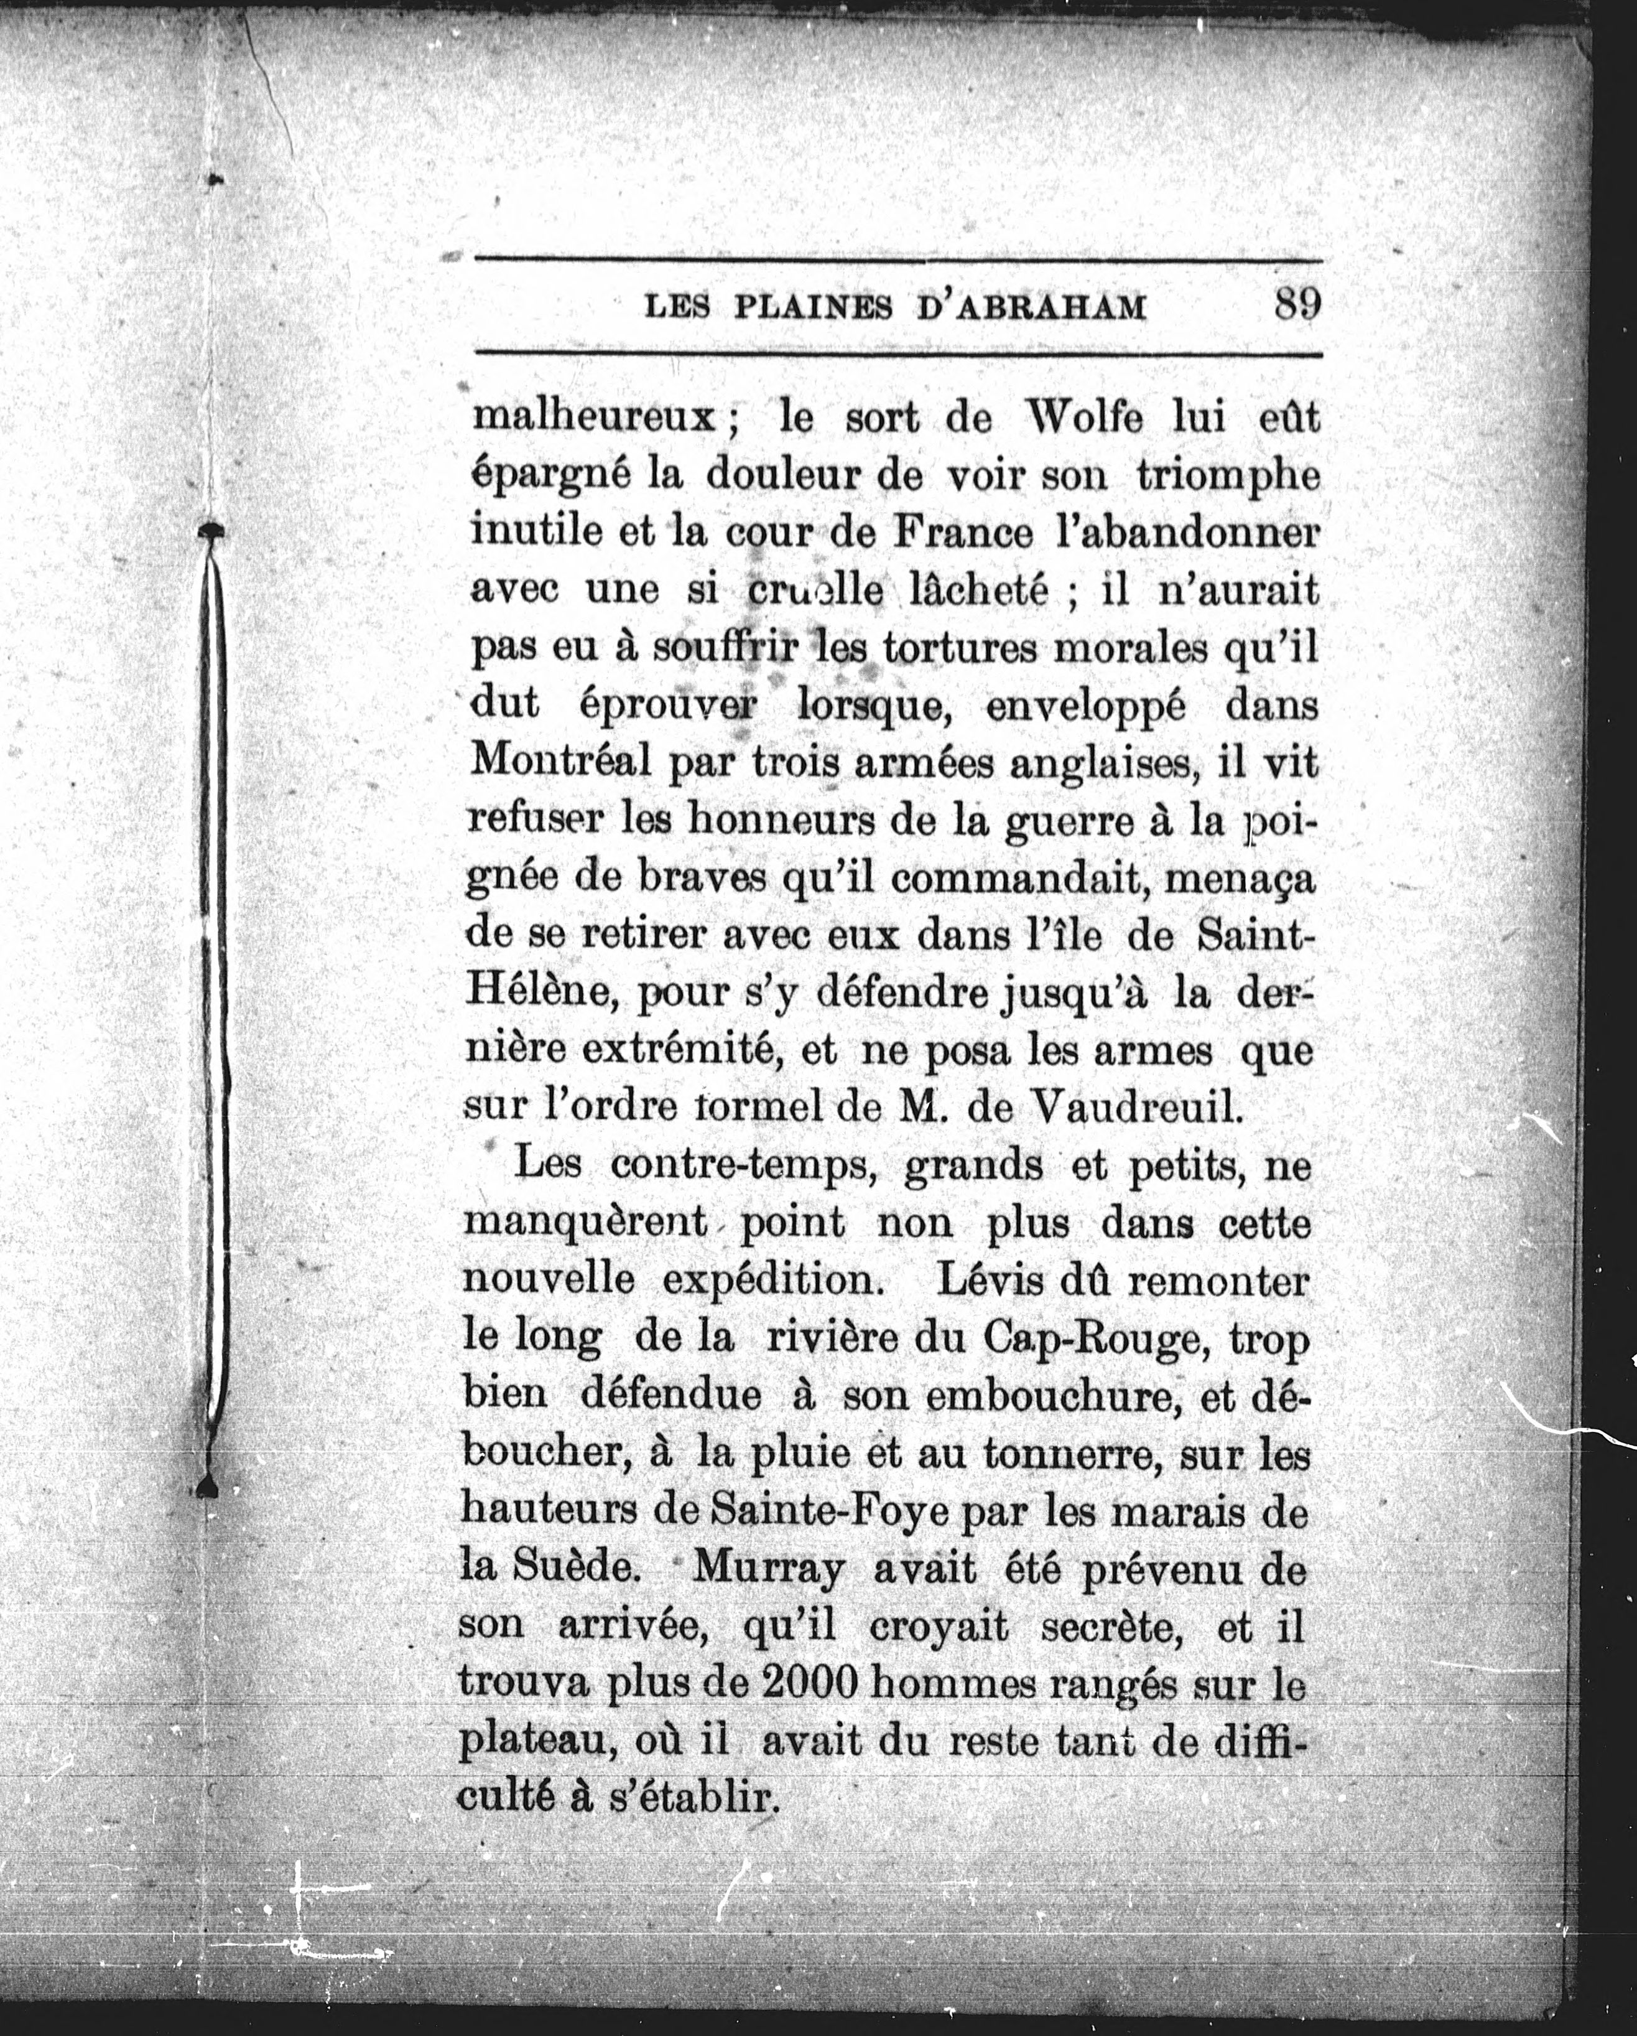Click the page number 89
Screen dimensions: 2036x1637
(1297, 304)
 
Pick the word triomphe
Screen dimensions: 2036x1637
(1227, 475)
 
